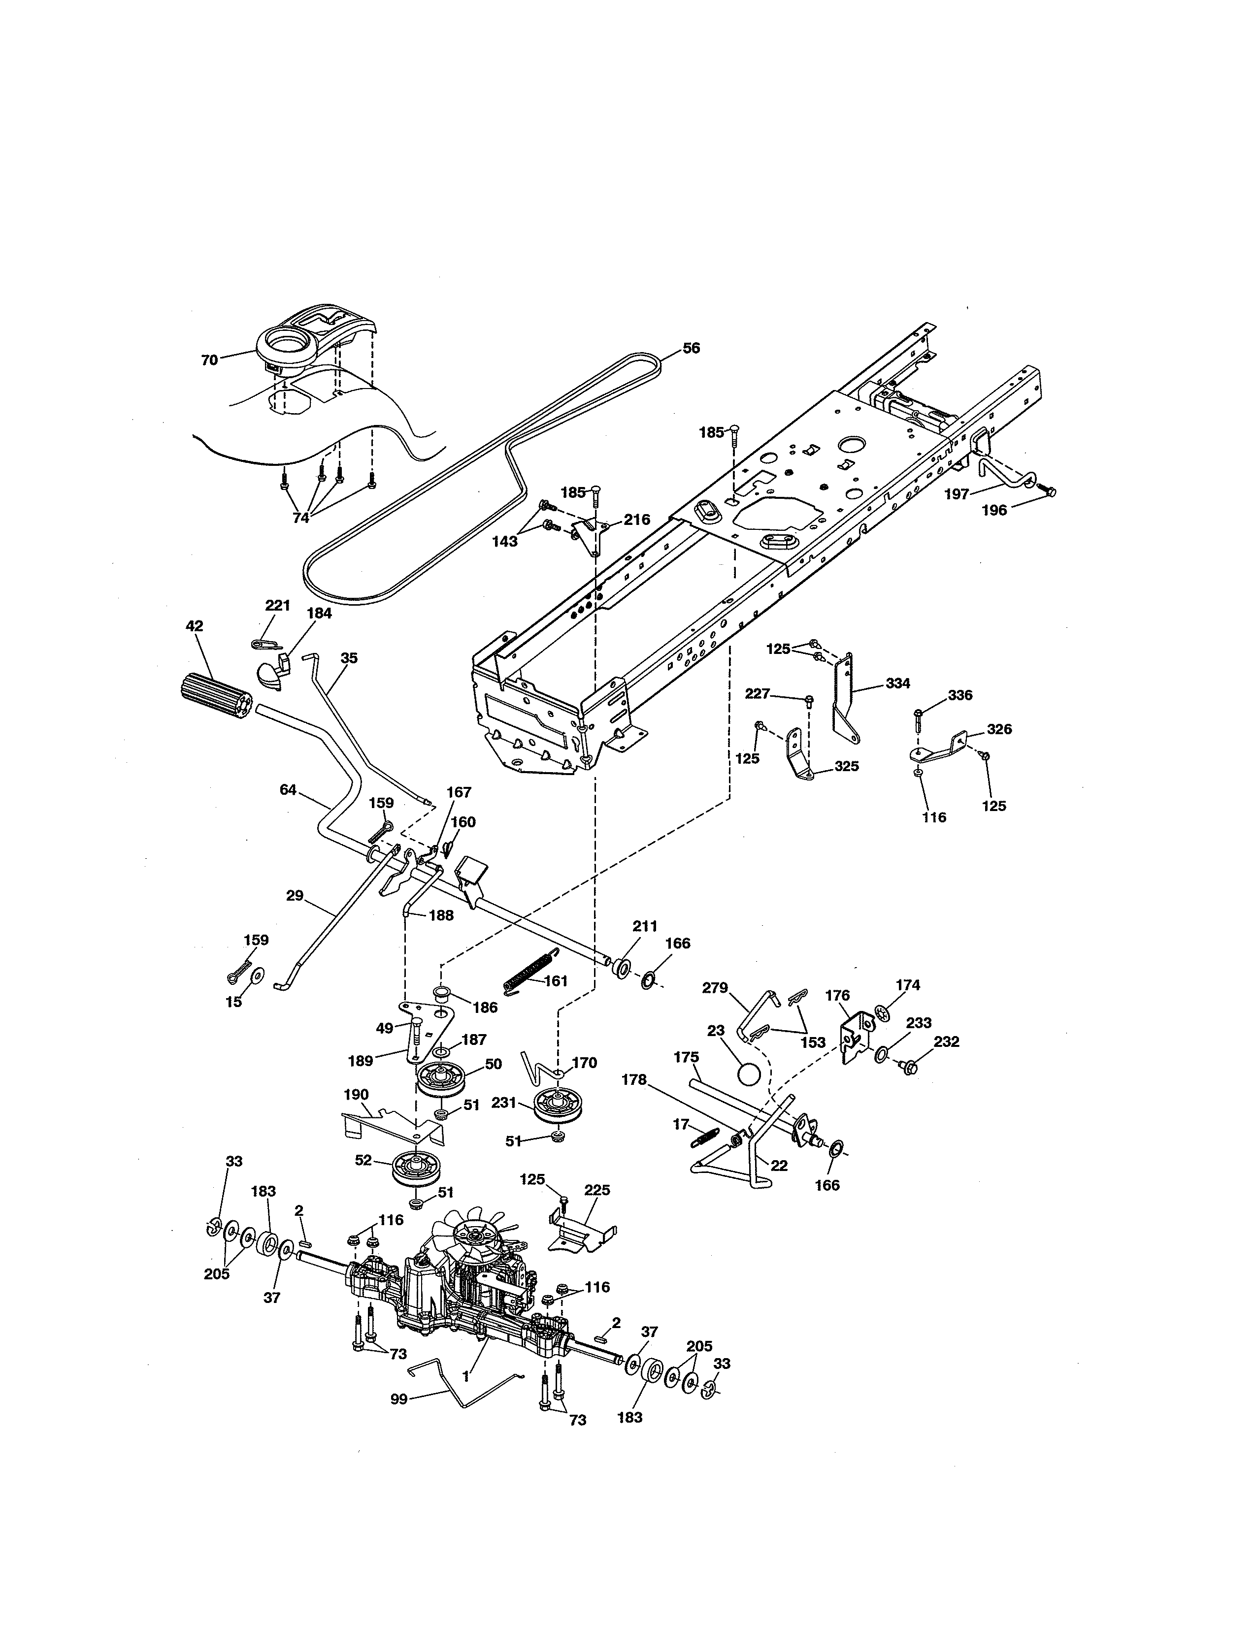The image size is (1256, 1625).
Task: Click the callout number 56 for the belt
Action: tap(691, 348)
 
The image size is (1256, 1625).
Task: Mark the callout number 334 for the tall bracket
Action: tap(897, 683)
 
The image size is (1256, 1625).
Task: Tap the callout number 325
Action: tap(847, 766)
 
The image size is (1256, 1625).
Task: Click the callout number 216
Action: tap(637, 520)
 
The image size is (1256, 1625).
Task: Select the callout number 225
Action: tap(597, 1190)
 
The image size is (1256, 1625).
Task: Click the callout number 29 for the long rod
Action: tap(295, 895)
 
